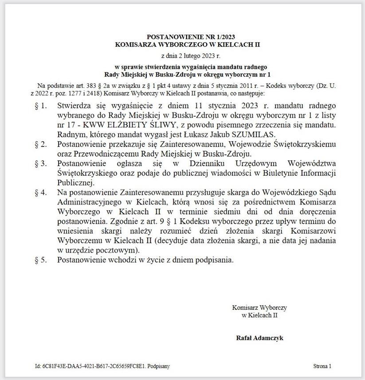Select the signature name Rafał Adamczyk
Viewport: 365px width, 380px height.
click(259, 338)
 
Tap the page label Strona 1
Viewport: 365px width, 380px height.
click(322, 366)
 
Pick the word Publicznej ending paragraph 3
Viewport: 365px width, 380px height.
click(75, 182)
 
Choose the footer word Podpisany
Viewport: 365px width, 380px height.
click(158, 366)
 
